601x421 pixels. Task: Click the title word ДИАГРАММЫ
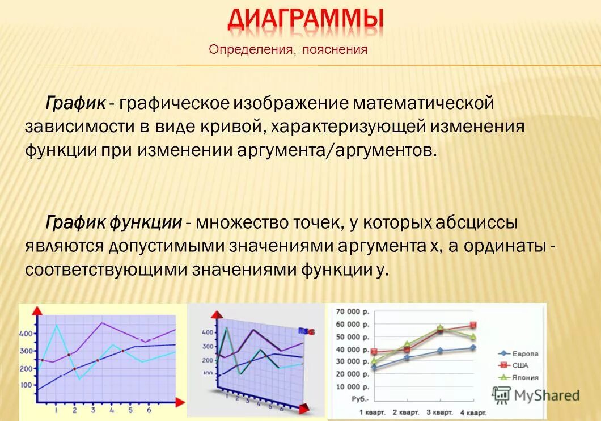pyautogui.click(x=306, y=20)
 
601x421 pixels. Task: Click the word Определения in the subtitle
pyautogui.click(x=251, y=50)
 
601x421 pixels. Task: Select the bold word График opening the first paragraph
pyautogui.click(x=75, y=104)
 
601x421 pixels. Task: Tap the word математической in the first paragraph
pyautogui.click(x=424, y=104)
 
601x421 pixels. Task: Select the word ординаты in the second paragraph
pyautogui.click(x=506, y=246)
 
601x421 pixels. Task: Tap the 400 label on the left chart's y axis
pyautogui.click(x=27, y=334)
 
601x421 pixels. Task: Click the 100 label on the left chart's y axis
pyautogui.click(x=27, y=385)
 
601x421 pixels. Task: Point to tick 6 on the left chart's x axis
pyautogui.click(x=149, y=410)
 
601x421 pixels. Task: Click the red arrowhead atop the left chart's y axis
pyautogui.click(x=36, y=310)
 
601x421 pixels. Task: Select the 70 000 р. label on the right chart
pyautogui.click(x=352, y=312)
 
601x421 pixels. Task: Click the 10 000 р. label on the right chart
pyautogui.click(x=352, y=386)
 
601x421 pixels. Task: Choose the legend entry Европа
pyautogui.click(x=525, y=353)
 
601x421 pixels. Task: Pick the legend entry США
pyautogui.click(x=520, y=365)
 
